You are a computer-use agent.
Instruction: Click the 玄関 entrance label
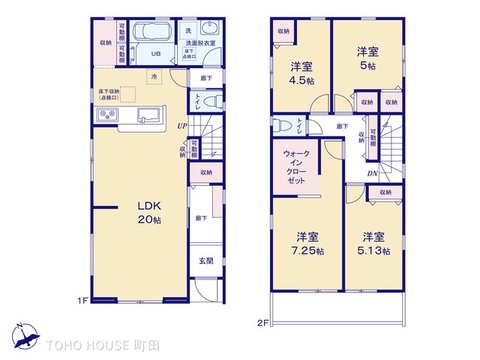pos(206,262)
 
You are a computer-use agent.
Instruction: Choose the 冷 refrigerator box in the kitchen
pos(154,77)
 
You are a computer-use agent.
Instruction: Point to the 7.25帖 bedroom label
pos(308,244)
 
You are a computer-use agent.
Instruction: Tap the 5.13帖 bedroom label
pos(375,244)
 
